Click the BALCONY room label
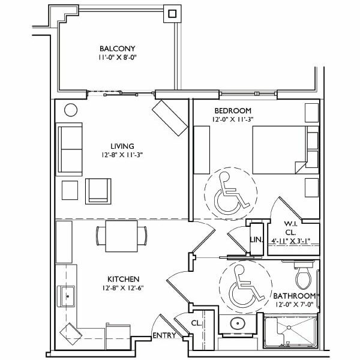[x=118, y=49]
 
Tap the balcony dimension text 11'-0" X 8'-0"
[x=118, y=58]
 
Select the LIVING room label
[x=122, y=146]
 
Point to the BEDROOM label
[x=233, y=111]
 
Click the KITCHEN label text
[x=123, y=279]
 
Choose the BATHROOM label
[x=295, y=296]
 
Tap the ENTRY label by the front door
[x=164, y=335]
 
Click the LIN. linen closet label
[x=256, y=239]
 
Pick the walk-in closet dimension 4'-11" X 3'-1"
[x=291, y=241]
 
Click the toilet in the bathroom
[x=304, y=275]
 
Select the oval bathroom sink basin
[x=238, y=323]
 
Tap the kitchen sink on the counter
[x=66, y=296]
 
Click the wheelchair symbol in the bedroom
[x=232, y=193]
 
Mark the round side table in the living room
[x=71, y=110]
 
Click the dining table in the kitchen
[x=121, y=236]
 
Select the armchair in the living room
[x=98, y=191]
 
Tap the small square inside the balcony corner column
[x=172, y=14]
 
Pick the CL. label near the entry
[x=196, y=323]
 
